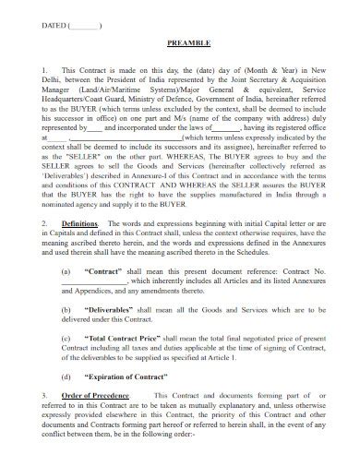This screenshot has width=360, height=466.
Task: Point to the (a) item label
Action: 66,273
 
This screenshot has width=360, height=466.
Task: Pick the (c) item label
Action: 66,340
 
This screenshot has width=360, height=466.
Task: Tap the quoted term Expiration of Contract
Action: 126,378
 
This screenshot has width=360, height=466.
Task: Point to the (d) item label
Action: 66,378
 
